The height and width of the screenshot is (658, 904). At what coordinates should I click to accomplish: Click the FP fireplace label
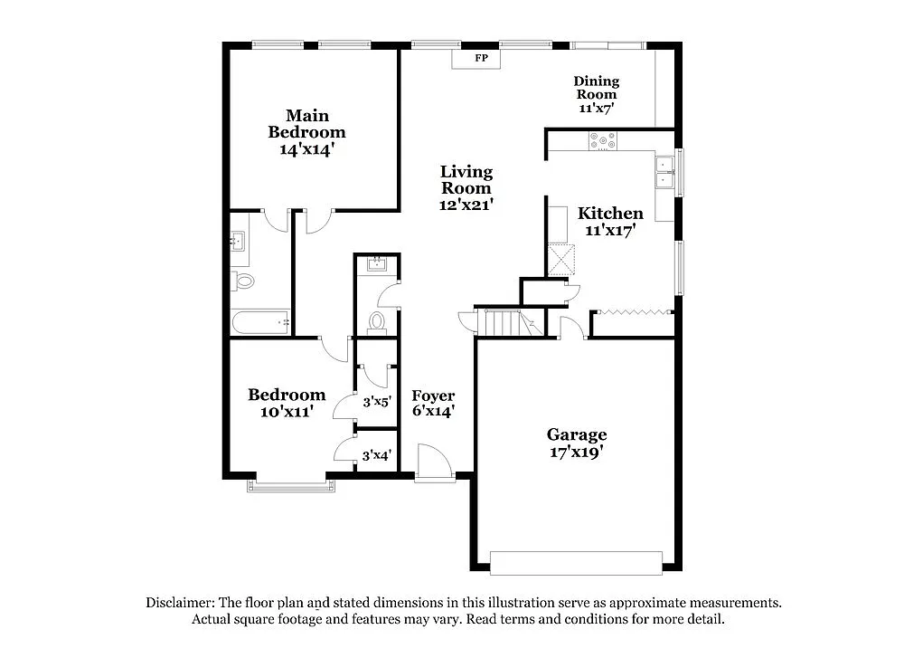point(482,59)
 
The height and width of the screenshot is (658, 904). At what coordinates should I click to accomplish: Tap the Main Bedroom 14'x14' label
point(306,132)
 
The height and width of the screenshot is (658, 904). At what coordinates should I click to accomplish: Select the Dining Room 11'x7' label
point(597,94)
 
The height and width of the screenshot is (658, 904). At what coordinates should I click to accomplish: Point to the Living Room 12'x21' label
point(466,188)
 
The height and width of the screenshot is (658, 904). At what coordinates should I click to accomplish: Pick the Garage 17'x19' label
point(576,443)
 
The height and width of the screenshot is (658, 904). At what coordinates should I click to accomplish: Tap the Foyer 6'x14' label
point(433,403)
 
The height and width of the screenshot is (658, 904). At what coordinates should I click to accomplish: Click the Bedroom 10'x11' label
point(287,403)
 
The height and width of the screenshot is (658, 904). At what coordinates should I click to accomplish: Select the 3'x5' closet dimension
point(376,402)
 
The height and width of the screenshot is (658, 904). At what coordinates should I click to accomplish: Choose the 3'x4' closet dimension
point(376,456)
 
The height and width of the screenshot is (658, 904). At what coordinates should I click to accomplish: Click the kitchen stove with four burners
point(603,140)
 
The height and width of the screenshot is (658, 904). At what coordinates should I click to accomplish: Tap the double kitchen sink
point(665,172)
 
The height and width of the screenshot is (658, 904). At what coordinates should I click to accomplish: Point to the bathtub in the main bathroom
point(260,320)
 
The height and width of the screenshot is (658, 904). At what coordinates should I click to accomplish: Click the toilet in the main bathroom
point(243,281)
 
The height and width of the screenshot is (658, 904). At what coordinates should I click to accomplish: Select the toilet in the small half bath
point(377,320)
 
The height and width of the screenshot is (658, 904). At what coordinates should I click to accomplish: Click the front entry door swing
point(433,462)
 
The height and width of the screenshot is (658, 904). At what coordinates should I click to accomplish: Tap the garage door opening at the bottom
point(576,562)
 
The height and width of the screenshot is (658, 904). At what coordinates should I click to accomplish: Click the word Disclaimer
point(179,603)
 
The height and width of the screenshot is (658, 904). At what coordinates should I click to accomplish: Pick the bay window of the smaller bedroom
point(293,486)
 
